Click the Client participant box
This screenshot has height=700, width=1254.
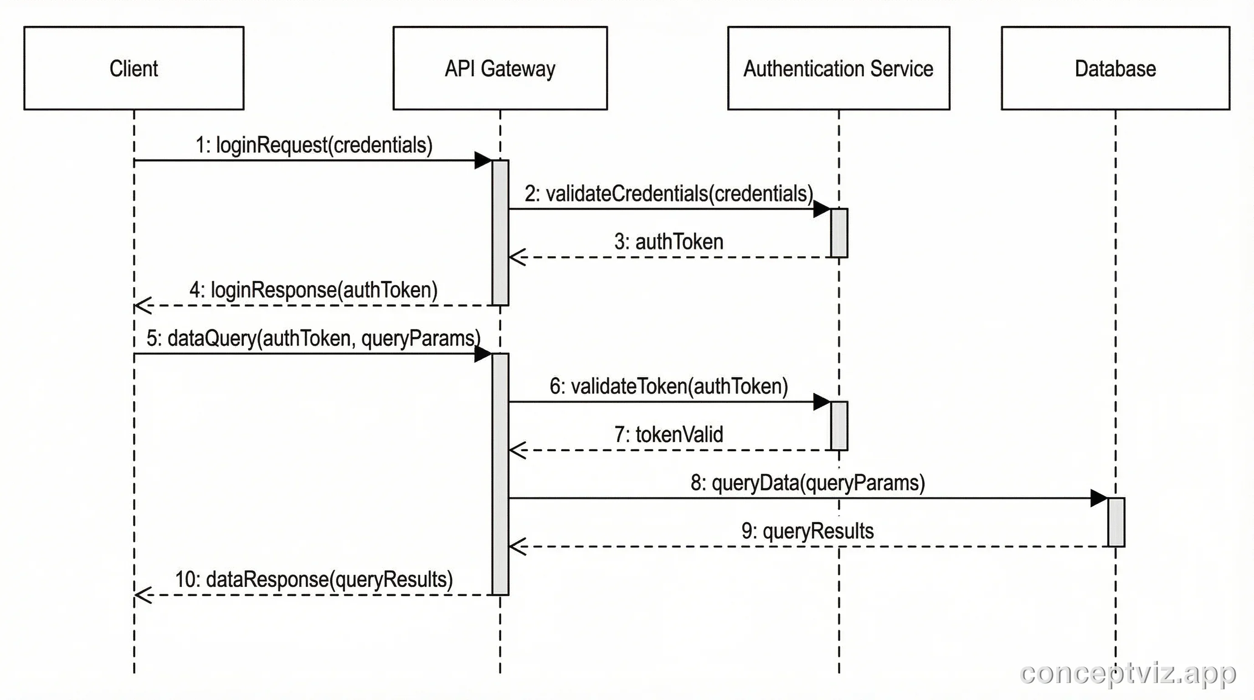134,68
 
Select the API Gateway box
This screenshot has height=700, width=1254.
500,68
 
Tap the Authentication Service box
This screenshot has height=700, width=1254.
838,68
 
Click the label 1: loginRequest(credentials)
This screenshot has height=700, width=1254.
314,145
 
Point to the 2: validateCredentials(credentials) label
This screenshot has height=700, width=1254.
669,194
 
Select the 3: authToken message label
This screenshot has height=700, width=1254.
669,242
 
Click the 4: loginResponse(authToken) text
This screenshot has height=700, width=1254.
314,290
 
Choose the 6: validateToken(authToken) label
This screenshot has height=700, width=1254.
669,386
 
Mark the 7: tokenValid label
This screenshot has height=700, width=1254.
669,435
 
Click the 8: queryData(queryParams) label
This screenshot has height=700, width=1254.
807,483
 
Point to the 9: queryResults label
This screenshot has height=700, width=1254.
807,531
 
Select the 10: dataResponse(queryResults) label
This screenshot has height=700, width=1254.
314,579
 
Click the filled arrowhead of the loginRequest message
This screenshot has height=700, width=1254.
483,160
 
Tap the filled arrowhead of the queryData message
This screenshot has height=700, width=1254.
1099,498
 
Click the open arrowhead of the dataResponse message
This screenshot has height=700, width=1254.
143,595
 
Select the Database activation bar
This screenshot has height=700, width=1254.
1116,522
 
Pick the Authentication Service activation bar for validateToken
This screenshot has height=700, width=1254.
839,426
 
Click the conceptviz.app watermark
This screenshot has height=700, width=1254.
1127,674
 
